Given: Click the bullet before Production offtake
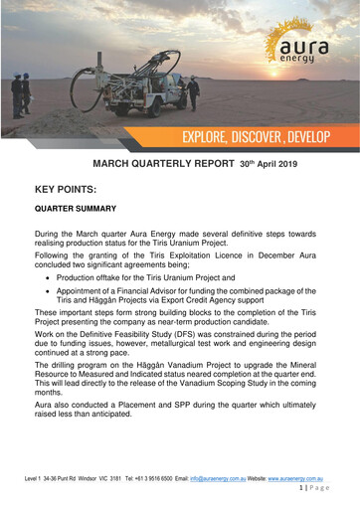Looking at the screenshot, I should click(x=59, y=279).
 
